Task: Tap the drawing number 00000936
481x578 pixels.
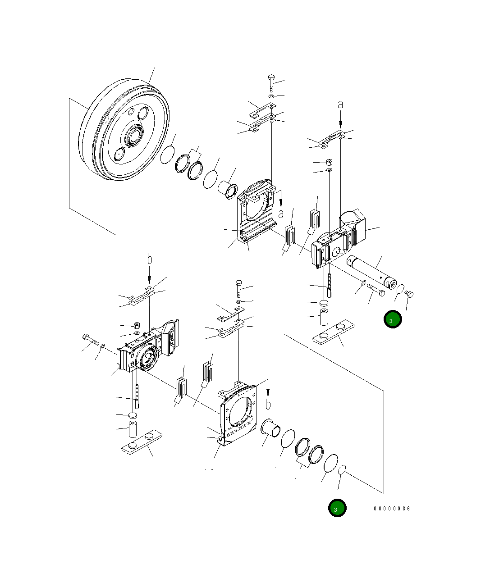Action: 392,508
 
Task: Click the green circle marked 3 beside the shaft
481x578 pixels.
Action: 392,319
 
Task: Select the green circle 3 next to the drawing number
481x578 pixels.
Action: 337,508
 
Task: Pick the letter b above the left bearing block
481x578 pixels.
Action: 150,260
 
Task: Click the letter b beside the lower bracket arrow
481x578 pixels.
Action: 268,404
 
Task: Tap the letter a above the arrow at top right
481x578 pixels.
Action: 340,105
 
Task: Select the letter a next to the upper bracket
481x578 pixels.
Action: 281,214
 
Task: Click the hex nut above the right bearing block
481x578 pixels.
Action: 329,162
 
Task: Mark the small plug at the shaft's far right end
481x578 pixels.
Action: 410,294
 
